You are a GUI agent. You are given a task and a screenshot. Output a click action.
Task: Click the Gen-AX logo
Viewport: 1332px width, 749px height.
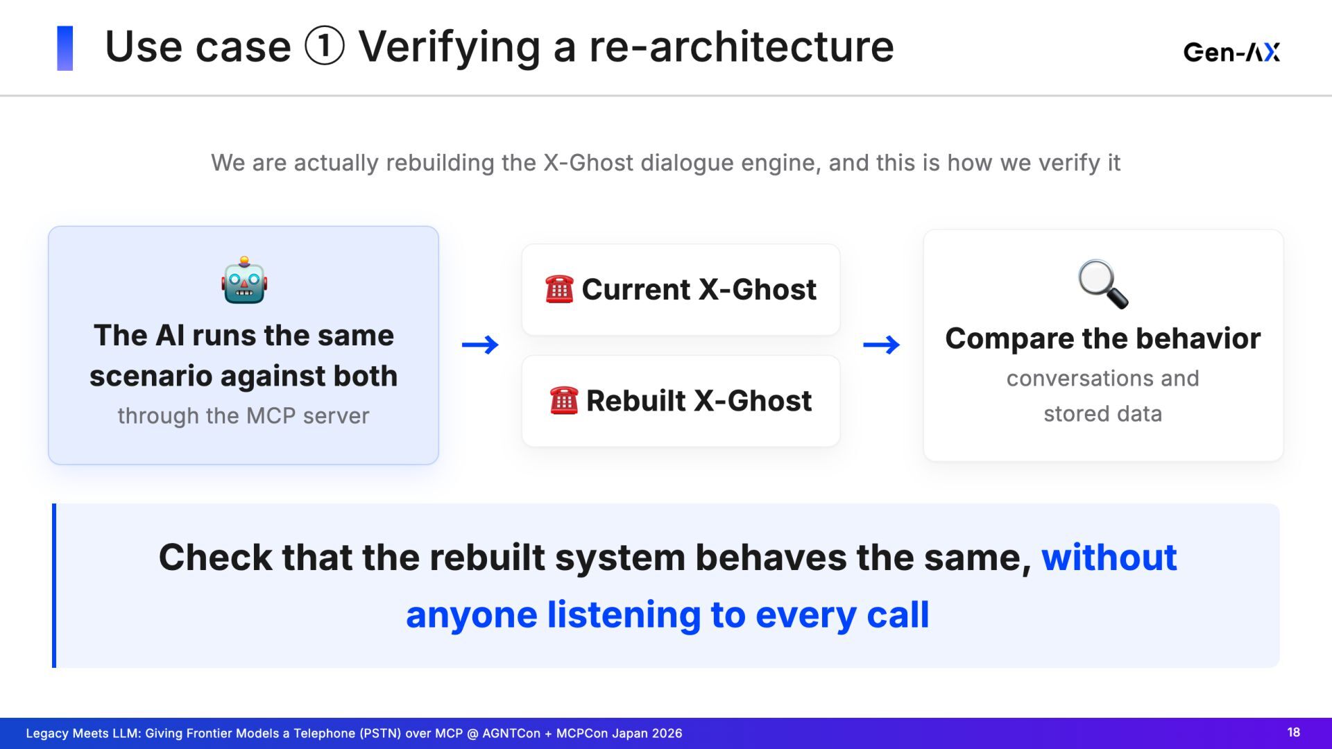[x=1231, y=52]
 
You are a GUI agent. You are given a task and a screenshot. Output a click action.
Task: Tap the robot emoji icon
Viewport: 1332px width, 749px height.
[x=244, y=280]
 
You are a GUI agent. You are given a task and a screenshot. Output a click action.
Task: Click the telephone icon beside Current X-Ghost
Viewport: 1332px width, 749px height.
[x=559, y=289]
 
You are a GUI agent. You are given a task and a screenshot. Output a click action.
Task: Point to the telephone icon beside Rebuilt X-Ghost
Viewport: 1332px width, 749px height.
[x=563, y=400]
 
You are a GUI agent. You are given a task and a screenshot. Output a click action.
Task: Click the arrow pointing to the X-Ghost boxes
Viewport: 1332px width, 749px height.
[x=480, y=345]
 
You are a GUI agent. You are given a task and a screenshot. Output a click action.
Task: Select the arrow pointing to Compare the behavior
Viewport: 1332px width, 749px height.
[x=881, y=345]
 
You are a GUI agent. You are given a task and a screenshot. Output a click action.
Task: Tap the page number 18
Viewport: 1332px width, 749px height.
[x=1294, y=732]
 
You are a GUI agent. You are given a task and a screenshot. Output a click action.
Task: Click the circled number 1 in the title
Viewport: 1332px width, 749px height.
[x=325, y=46]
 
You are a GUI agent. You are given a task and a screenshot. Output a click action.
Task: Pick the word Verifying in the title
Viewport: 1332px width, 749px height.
[x=450, y=48]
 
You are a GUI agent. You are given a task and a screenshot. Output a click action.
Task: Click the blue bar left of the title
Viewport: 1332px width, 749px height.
[x=65, y=48]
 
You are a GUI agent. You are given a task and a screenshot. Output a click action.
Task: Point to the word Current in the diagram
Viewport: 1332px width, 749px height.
[x=636, y=289]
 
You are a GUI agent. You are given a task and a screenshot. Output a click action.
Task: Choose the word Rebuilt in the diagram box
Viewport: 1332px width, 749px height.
[x=636, y=400]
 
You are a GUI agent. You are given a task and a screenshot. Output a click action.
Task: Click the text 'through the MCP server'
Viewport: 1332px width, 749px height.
[x=244, y=415]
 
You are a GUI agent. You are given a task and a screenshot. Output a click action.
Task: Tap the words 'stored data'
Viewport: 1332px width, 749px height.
[x=1103, y=413]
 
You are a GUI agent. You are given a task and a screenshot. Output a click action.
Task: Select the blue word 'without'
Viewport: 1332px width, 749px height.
[x=1109, y=557]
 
